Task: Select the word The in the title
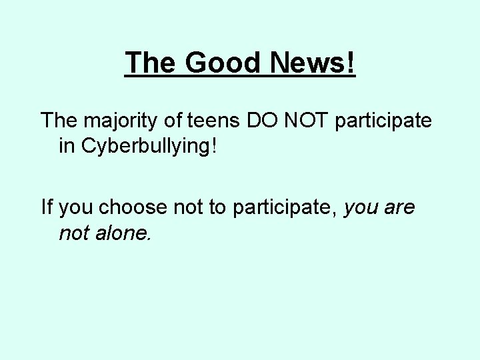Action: point(151,63)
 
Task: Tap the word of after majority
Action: point(178,121)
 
